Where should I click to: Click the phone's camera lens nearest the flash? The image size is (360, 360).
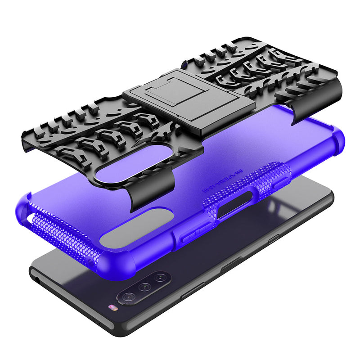(128, 297)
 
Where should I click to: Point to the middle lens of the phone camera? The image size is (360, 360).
(144, 287)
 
